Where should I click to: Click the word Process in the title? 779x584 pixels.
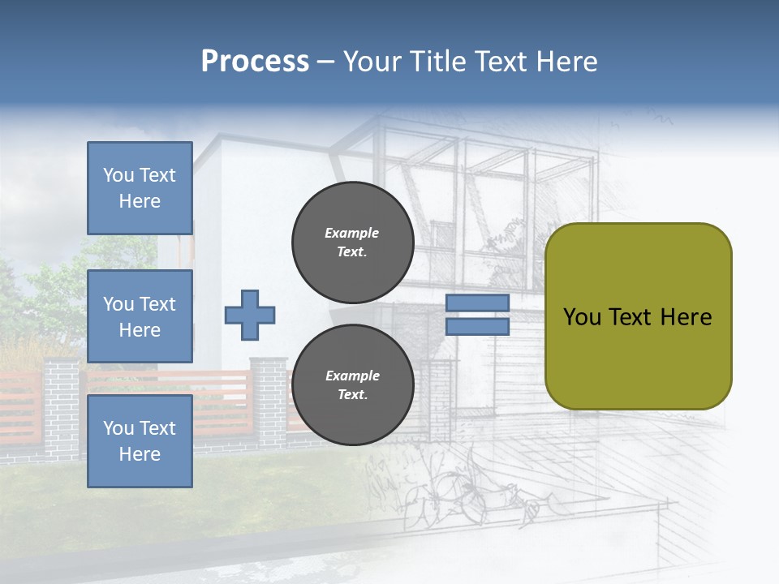click(x=255, y=62)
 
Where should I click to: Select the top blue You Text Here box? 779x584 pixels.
click(x=140, y=188)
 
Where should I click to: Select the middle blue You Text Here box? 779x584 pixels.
click(x=140, y=316)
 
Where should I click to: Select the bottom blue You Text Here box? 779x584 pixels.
click(x=140, y=440)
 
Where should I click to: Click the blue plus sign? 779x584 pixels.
click(x=250, y=315)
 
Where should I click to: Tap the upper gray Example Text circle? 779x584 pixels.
click(x=352, y=243)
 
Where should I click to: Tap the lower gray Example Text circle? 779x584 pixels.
click(x=352, y=385)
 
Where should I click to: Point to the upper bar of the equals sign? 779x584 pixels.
click(x=477, y=303)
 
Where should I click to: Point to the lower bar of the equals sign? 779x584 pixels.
click(x=477, y=327)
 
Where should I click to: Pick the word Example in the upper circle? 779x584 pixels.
click(x=351, y=234)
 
